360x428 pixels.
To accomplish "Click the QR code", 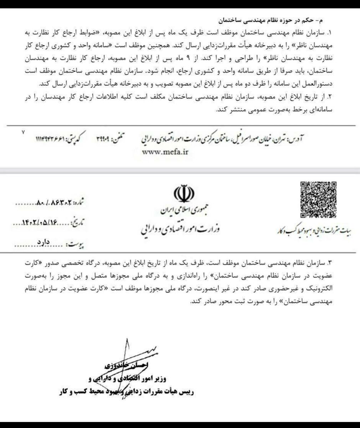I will pyautogui.click(x=319, y=199).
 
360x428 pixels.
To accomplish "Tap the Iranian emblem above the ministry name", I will pyautogui.click(x=184, y=194).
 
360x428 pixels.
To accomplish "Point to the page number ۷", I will pyautogui.click(x=24, y=132).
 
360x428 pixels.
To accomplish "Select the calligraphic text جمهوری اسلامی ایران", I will pyautogui.click(x=181, y=211).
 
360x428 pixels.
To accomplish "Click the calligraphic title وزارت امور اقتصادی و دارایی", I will pyautogui.click(x=180, y=229).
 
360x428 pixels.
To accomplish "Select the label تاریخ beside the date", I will pyautogui.click(x=78, y=224).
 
